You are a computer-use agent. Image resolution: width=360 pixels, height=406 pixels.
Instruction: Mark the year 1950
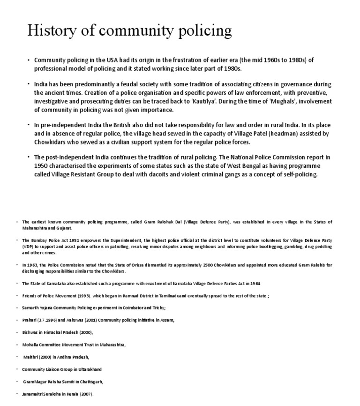click(x=42, y=166)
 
